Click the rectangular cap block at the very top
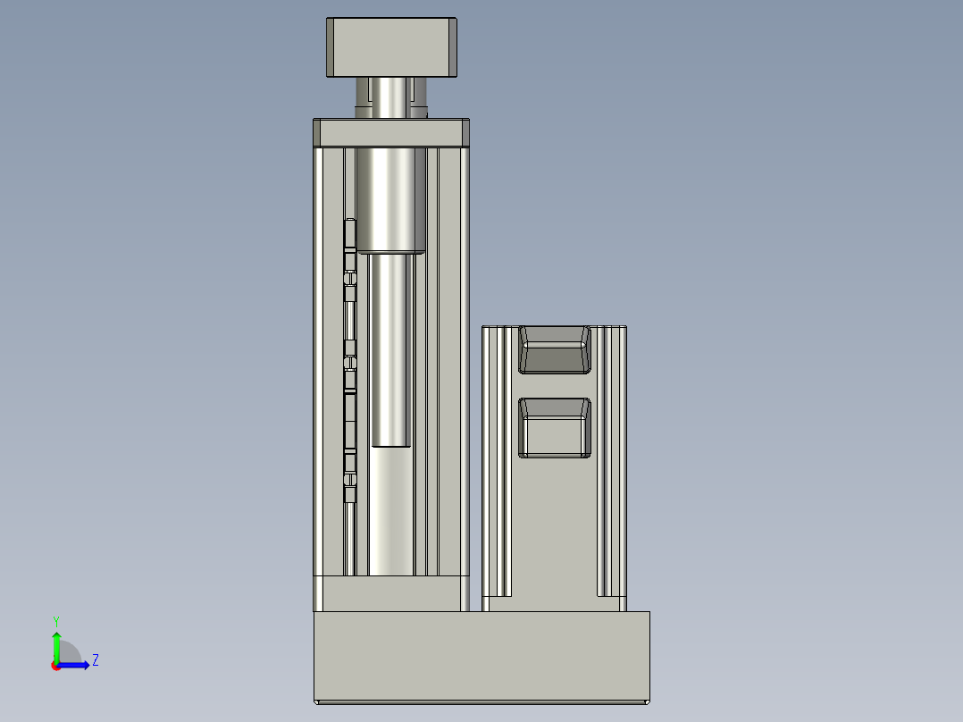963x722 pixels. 392,47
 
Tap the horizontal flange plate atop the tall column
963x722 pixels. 391,133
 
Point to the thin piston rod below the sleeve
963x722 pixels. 390,348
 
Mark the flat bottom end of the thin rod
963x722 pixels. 390,444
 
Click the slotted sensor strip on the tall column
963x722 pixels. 350,357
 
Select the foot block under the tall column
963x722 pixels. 391,594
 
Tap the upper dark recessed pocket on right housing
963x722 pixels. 555,349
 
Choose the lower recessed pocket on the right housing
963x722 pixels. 555,428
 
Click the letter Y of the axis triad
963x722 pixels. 56,620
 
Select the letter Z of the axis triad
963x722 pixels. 95,660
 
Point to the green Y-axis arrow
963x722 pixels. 56,645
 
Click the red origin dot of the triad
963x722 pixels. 55,666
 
